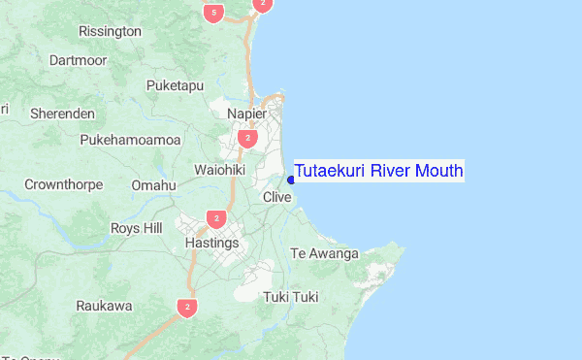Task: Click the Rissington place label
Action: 111,31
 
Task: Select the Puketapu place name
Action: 175,85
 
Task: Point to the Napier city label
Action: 246,114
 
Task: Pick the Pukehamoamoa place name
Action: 131,140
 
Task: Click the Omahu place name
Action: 154,184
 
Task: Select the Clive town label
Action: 277,197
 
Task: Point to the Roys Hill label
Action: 136,228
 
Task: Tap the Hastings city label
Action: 211,243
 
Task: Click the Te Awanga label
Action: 325,254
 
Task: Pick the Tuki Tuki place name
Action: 291,296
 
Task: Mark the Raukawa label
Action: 104,306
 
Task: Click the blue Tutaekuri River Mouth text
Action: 378,172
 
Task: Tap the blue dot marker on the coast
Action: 291,180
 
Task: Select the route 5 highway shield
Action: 214,13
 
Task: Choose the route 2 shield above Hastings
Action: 216,219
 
